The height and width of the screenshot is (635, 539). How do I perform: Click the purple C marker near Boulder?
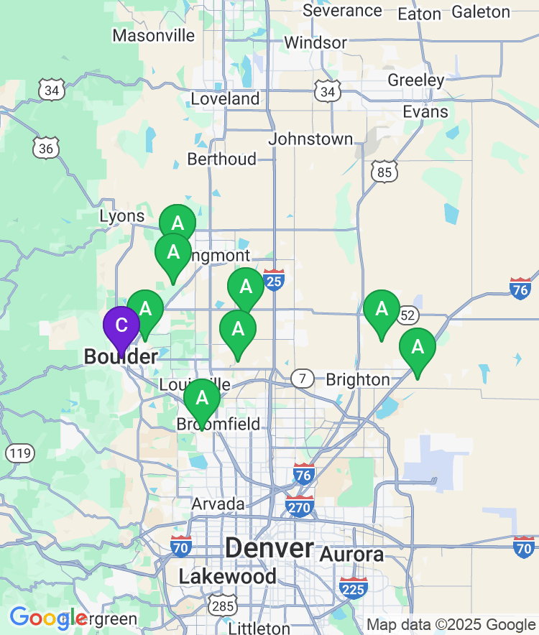pos(121,325)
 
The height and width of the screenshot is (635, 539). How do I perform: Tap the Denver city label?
pos(269,549)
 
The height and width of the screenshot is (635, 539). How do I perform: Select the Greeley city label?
pos(416,80)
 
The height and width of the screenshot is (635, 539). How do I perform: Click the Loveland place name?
pos(225,99)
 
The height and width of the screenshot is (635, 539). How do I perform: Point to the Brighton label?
pos(358,379)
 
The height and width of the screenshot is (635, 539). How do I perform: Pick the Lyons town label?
pos(122,216)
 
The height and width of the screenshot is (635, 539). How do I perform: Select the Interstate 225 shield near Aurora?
pos(353,588)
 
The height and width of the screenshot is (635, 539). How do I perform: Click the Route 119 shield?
pos(19,453)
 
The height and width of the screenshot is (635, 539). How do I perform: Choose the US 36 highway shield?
pos(46,148)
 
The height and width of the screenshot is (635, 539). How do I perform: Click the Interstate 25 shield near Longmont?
pos(274,279)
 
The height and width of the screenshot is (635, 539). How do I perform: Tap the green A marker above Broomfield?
pos(202,398)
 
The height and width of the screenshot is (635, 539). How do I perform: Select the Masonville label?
pos(154,35)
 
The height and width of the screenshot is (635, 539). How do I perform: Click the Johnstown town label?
pos(311,139)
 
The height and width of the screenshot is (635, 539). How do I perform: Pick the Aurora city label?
pos(351,555)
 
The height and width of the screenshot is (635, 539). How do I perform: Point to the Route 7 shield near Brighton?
pos(303,378)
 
